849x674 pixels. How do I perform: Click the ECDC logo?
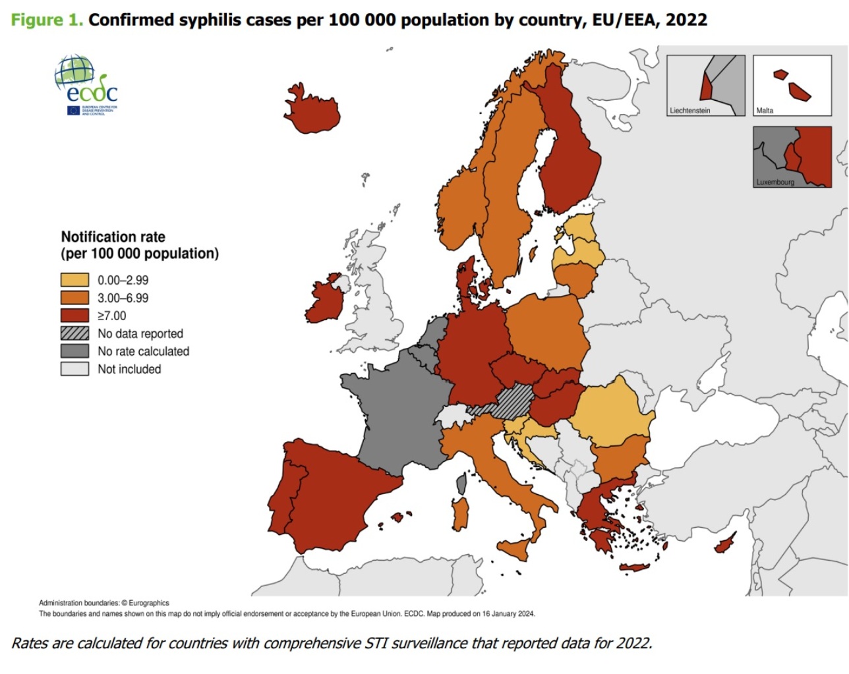86,86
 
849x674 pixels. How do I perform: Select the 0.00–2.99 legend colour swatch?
74,280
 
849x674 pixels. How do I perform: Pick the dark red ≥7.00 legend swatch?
74,316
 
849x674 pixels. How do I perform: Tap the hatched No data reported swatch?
74,333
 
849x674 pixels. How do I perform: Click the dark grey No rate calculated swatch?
74,351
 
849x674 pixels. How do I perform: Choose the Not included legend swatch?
74,369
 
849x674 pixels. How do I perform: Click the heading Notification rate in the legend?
113,237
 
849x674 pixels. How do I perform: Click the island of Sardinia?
461,515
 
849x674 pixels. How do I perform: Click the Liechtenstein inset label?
689,111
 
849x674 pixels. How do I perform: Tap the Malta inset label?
765,111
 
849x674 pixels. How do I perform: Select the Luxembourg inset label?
775,182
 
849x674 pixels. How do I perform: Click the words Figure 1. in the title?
47,20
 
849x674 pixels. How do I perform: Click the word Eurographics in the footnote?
149,603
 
